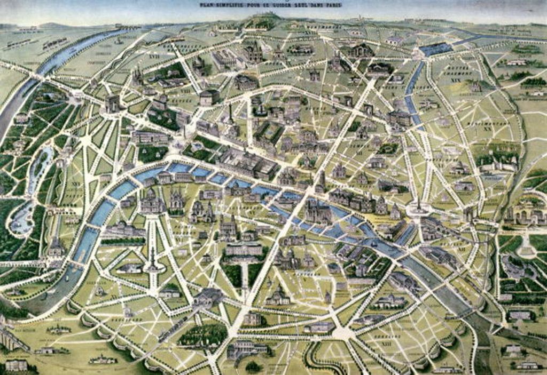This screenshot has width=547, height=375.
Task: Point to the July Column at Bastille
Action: (x=418, y=206)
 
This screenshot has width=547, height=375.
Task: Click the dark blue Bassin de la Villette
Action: (x=436, y=50)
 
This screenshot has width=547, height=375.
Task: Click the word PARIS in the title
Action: (x=331, y=5)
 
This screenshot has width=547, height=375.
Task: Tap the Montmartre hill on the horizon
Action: (x=262, y=21)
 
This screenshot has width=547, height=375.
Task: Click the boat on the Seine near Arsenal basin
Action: (x=374, y=243)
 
